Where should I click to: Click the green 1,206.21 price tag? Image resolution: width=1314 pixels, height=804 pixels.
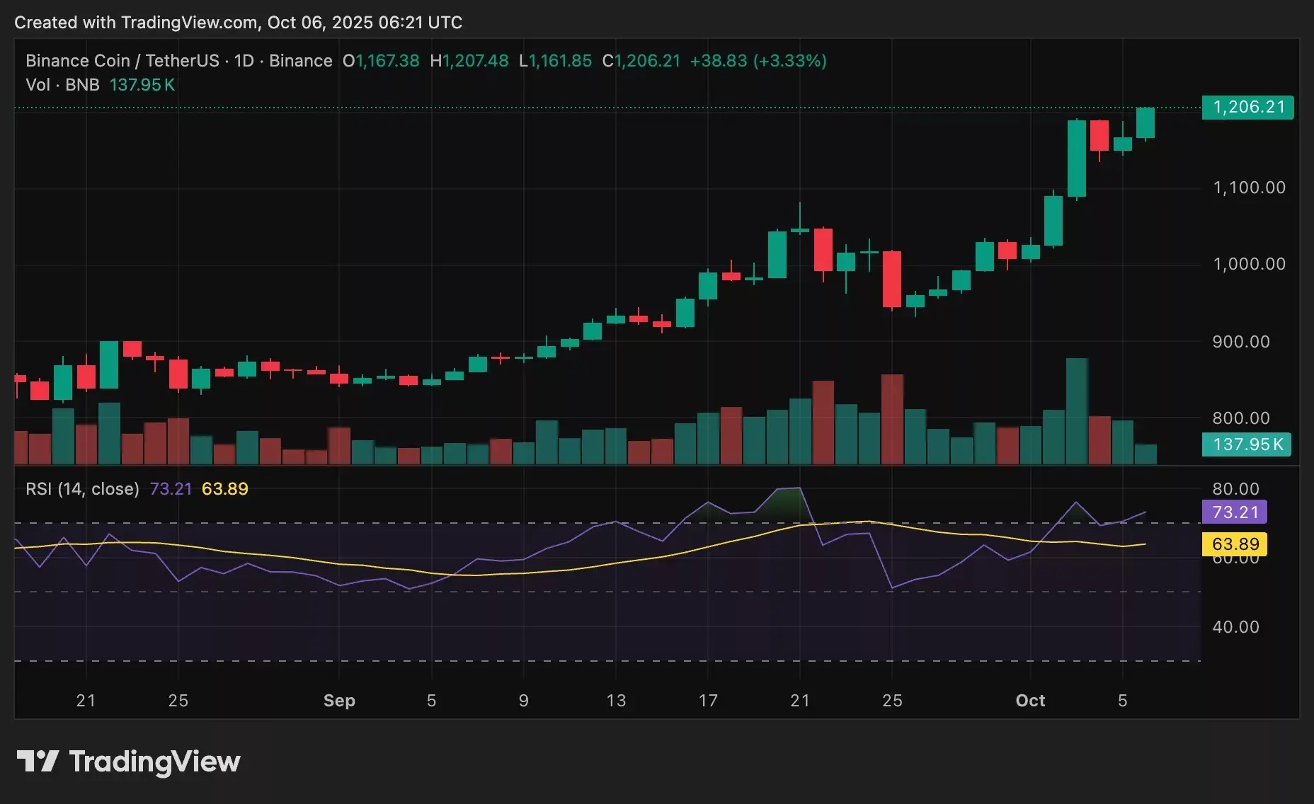[1247, 108]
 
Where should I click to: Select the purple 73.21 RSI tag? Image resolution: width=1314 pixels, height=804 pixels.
[1235, 512]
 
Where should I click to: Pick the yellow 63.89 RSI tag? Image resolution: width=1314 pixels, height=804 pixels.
[1235, 544]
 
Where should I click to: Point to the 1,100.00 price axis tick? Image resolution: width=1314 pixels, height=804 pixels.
[1249, 188]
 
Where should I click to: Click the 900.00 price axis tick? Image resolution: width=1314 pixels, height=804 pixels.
[1240, 342]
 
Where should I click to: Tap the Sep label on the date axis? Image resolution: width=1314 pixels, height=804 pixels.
[339, 701]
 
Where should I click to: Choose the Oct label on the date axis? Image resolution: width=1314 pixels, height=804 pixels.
[1030, 701]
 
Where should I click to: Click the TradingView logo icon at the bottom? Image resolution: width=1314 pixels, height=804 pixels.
[37, 762]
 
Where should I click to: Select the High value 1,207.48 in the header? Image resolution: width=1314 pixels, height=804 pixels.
[475, 61]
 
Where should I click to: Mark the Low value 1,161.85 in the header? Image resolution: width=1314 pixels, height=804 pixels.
[560, 61]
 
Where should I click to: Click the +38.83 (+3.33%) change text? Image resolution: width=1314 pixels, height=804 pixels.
[758, 61]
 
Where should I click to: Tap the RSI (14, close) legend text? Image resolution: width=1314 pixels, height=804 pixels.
[82, 489]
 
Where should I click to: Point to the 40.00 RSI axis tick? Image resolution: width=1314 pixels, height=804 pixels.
[1235, 627]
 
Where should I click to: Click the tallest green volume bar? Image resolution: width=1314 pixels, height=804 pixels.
[1077, 410]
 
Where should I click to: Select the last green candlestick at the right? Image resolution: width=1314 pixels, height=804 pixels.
[1146, 123]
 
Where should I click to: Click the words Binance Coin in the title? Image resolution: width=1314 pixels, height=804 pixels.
[78, 61]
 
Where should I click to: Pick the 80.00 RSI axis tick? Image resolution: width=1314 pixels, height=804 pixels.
[1235, 489]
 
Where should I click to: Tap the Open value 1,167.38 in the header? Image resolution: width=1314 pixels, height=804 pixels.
[387, 61]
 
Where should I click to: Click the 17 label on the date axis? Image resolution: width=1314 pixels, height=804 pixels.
[708, 701]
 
